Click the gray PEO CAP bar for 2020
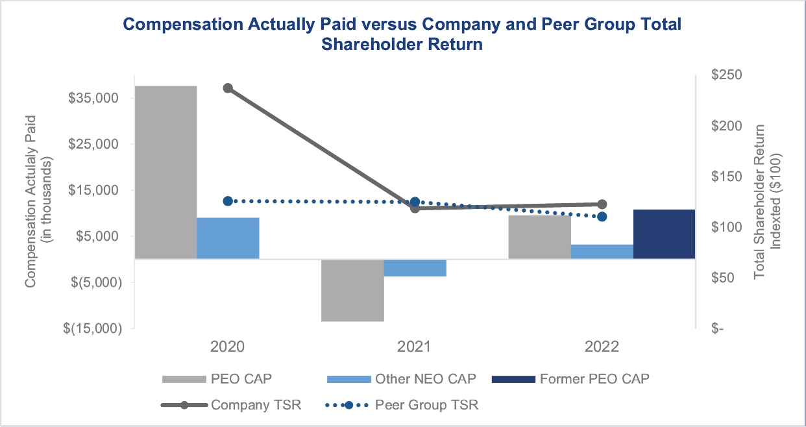165,172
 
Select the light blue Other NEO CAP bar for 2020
228,238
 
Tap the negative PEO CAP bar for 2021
352,290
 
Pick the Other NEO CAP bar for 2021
415,267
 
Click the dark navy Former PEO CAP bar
664,234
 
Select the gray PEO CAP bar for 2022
539,237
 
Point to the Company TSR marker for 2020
228,88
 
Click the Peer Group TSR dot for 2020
228,201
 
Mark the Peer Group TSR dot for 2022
602,216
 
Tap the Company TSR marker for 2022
602,204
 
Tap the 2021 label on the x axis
415,347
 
